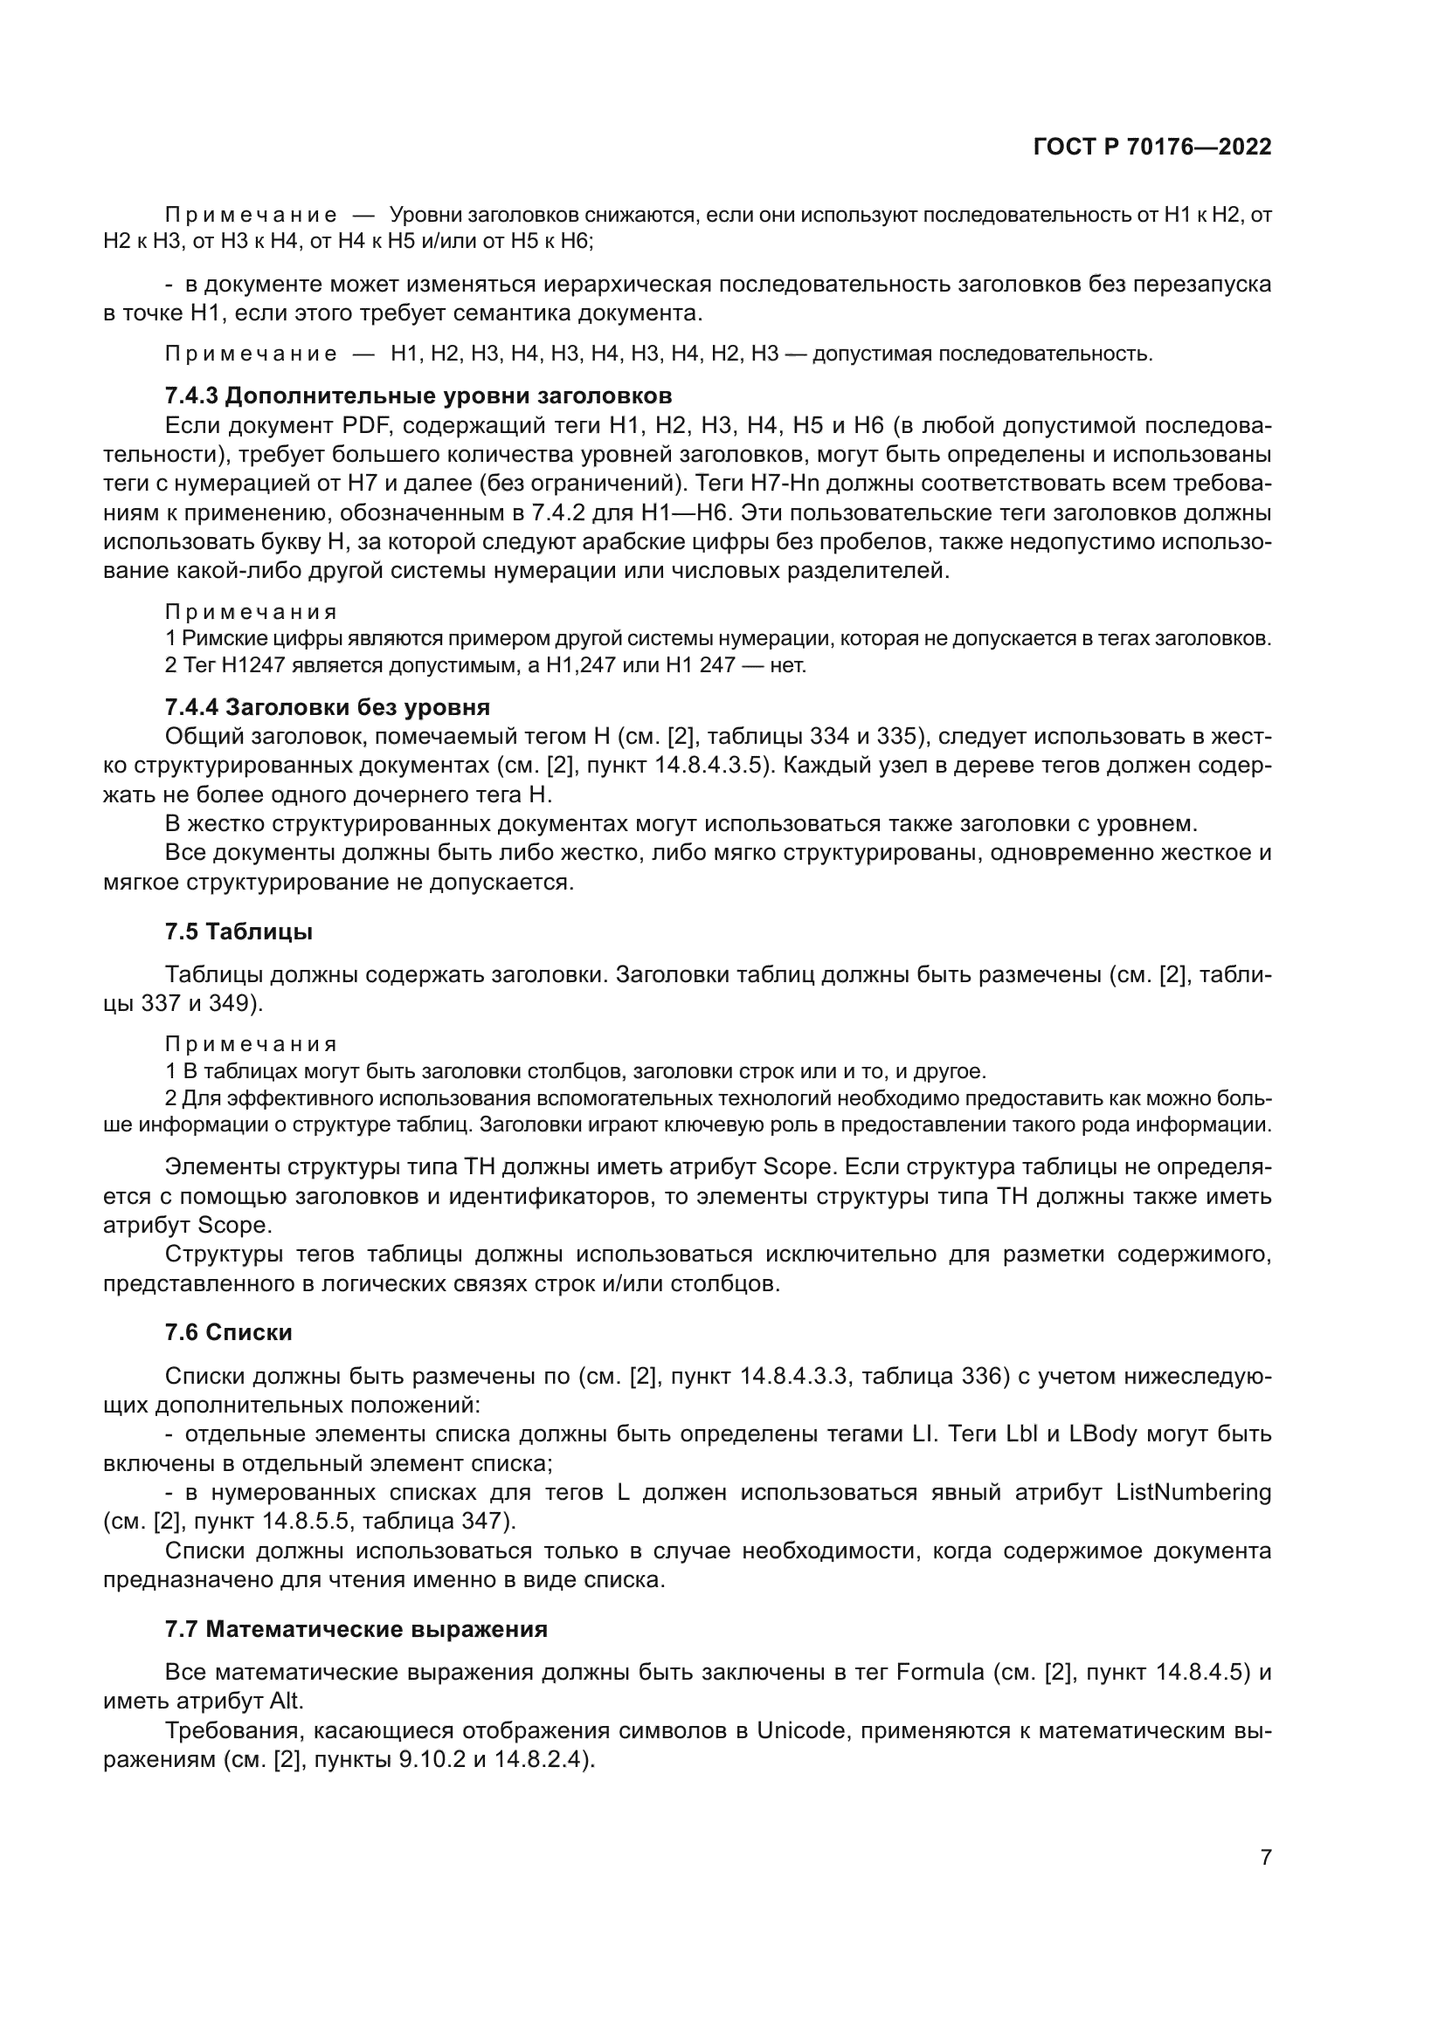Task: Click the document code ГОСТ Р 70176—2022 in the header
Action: (x=1152, y=148)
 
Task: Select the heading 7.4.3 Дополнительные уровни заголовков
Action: (x=418, y=395)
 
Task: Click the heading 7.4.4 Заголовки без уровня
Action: (x=328, y=707)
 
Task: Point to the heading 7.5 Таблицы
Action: (x=239, y=932)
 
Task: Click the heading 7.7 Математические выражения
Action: (x=356, y=1629)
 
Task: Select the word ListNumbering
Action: (x=1193, y=1492)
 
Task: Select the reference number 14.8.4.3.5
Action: (x=709, y=766)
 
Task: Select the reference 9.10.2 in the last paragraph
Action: (x=432, y=1760)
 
